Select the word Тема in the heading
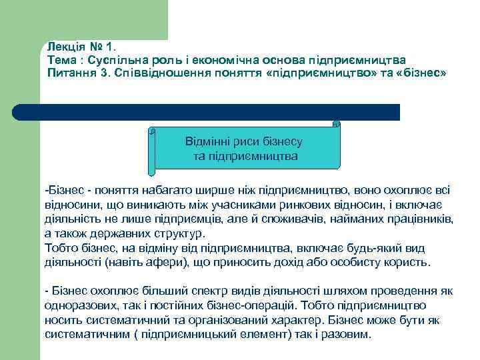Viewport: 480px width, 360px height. click(61, 60)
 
